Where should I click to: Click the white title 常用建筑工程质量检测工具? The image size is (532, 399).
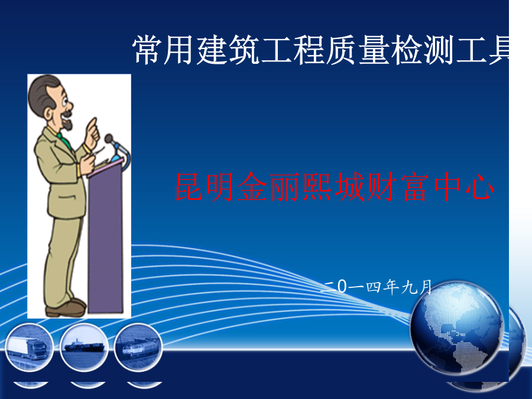pos(320,50)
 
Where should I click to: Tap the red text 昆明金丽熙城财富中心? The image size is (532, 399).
pos(335,187)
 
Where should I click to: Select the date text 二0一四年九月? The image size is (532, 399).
pos(376,287)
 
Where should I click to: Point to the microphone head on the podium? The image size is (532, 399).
pos(109,138)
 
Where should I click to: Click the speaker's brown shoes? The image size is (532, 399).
pos(66,307)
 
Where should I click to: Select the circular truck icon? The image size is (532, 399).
pos(30,347)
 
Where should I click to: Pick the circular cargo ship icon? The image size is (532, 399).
pos(84,347)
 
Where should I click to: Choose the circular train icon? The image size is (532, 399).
pos(138,347)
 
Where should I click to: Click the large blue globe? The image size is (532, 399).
pos(456,327)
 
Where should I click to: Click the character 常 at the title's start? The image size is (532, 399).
pos(147,50)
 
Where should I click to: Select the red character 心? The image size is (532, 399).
pos(479,187)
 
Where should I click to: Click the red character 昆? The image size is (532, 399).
pos(189,187)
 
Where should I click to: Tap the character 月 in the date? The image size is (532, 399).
pos(425,287)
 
